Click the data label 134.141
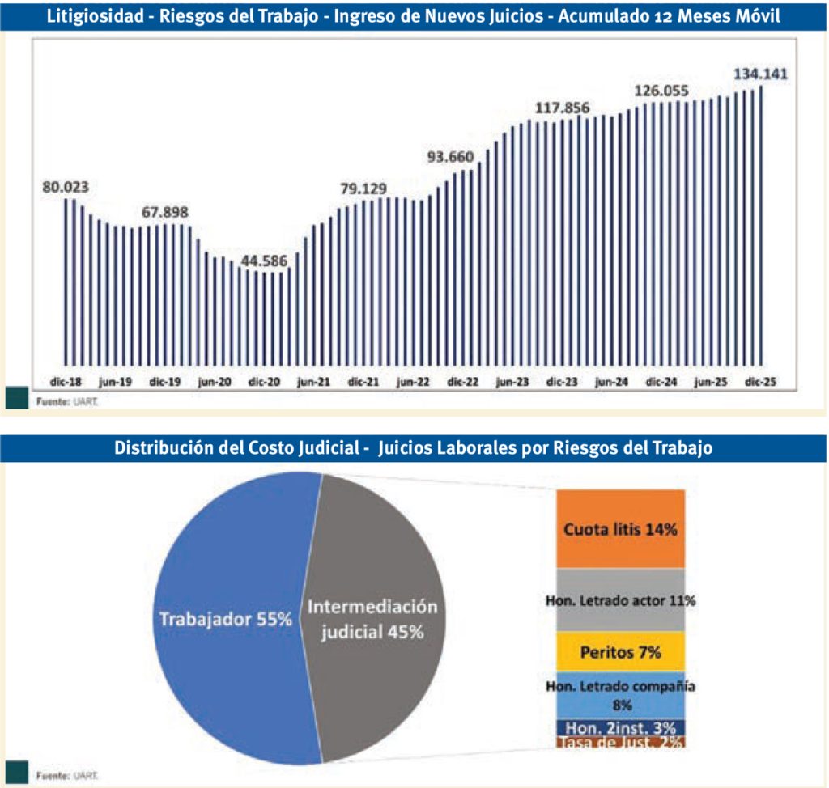760,74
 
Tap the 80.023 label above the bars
66,187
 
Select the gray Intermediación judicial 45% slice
376,619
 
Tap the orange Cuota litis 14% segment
621,530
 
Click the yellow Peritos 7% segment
621,650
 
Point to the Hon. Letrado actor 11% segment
621,600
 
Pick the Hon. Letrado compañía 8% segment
621,695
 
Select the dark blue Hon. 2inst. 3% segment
621,727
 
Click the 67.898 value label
165,212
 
